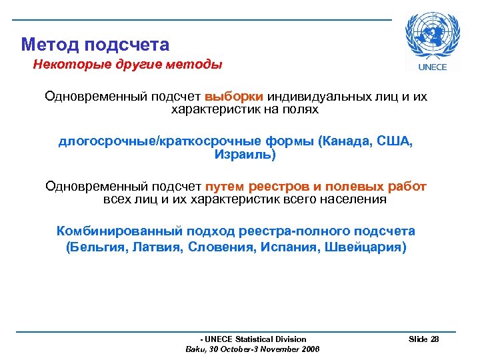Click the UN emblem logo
[x=432, y=36]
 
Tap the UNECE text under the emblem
[x=432, y=66]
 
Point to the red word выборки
[x=234, y=97]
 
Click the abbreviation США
[x=395, y=142]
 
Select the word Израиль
[x=243, y=155]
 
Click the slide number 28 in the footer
[x=435, y=339]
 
